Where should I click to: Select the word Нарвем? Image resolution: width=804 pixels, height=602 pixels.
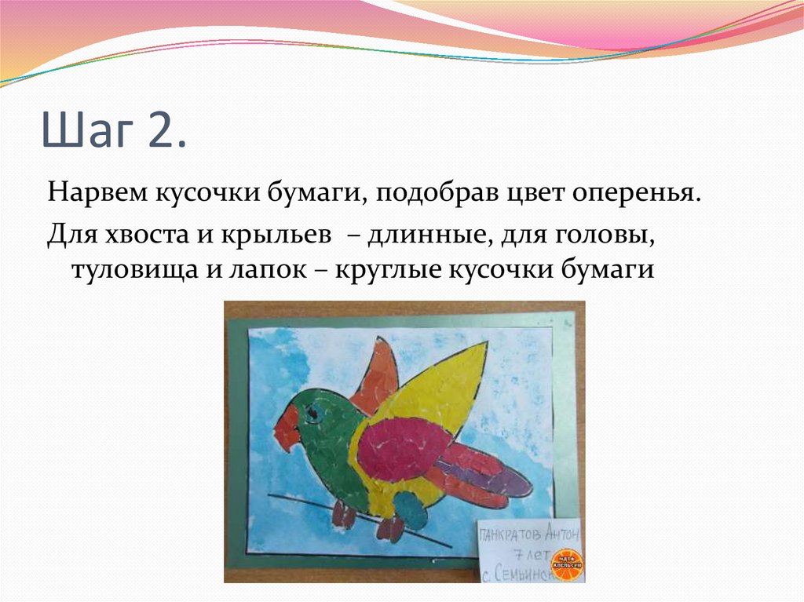pos(100,192)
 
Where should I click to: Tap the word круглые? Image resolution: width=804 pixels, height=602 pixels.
pos(386,269)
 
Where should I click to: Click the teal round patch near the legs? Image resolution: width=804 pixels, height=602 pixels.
pos(410,511)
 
